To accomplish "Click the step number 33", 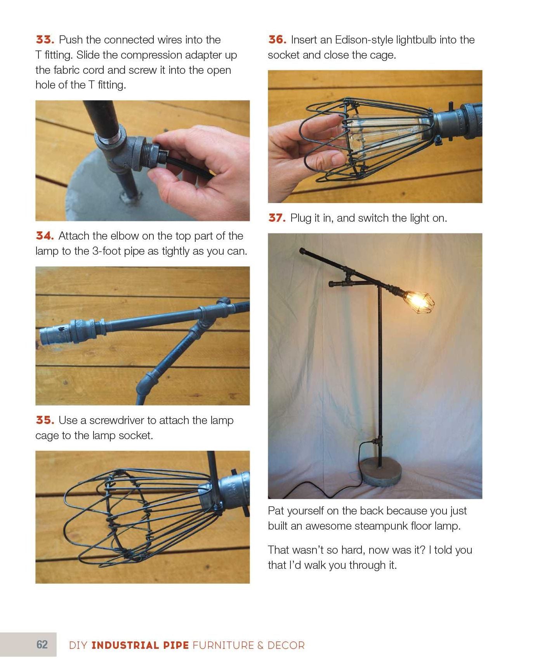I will (x=45, y=40).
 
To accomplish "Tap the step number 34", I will (x=45, y=236).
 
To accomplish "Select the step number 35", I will (x=45, y=420).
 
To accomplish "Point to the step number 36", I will (x=277, y=40).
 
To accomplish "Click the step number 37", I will (x=277, y=218).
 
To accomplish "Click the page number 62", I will (x=42, y=645).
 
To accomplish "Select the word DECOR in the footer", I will (x=286, y=645).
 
